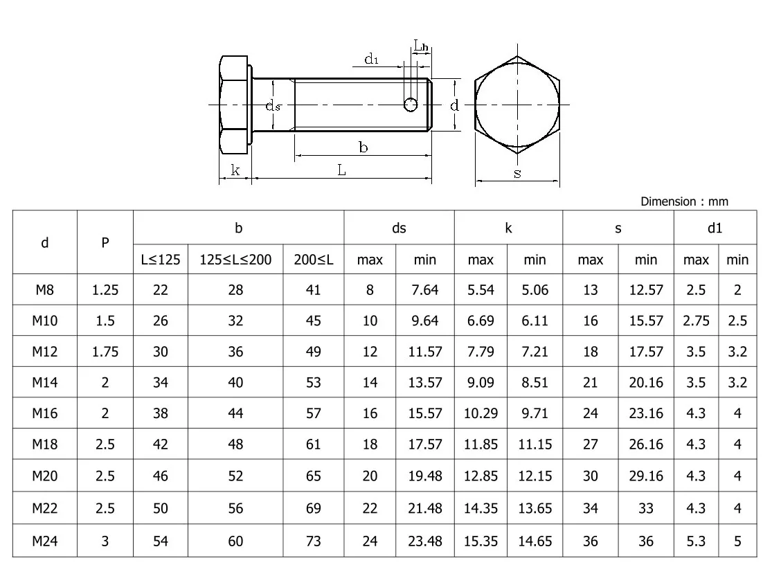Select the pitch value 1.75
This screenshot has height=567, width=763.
tap(105, 352)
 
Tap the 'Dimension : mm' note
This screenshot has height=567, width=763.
tap(683, 201)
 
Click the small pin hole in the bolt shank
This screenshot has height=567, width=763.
tap(411, 105)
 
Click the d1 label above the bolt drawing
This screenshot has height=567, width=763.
tap(372, 60)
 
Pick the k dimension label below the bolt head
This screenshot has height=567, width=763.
tap(235, 170)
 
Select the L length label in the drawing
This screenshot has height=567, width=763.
tap(341, 170)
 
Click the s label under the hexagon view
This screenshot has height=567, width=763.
tap(517, 174)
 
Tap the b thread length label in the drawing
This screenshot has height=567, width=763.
tap(363, 147)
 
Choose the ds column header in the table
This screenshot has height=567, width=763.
tap(399, 228)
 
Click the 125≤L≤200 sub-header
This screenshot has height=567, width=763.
tap(235, 260)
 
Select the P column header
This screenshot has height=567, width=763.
tap(105, 243)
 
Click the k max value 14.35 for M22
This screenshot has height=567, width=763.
tap(481, 509)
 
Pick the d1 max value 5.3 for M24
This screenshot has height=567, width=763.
tap(696, 541)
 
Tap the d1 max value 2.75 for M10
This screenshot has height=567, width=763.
tap(696, 321)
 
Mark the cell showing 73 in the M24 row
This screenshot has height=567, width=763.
tap(314, 541)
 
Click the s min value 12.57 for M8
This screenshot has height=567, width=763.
tap(645, 289)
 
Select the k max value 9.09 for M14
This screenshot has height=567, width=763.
tap(481, 382)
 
